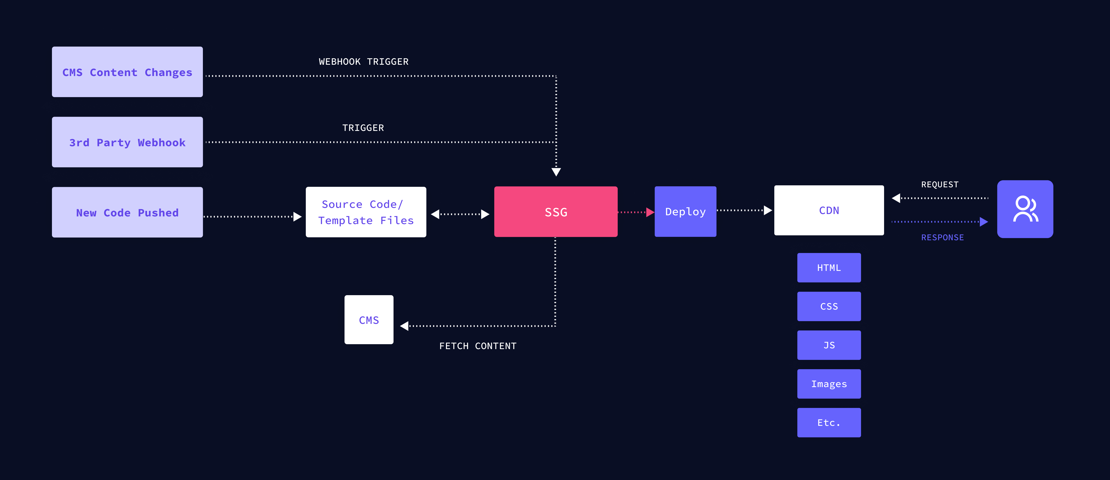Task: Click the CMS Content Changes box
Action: click(127, 72)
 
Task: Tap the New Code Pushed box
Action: click(127, 212)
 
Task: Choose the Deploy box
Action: click(685, 212)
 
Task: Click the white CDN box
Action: click(829, 210)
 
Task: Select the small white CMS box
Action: click(369, 320)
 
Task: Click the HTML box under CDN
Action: click(829, 268)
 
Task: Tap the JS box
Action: click(829, 345)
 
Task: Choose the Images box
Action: click(829, 384)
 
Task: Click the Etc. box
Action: click(829, 423)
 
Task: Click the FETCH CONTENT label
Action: click(477, 346)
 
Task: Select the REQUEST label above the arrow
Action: click(940, 185)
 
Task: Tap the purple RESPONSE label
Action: click(942, 238)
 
